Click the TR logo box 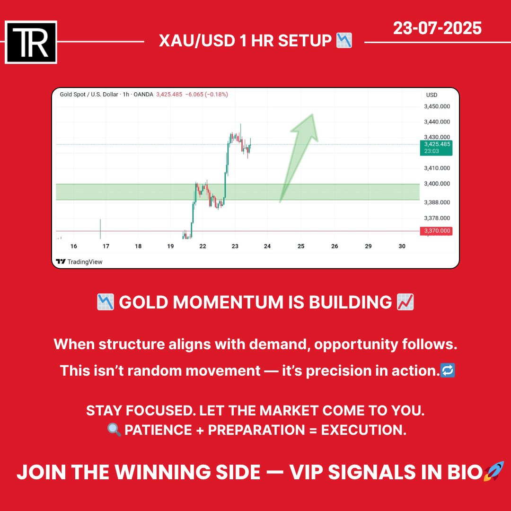pos(31,42)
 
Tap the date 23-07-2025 pos(437,29)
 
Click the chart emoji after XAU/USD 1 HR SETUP pos(344,41)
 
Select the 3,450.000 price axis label pos(437,106)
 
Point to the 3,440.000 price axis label pos(437,122)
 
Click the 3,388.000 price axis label pos(437,202)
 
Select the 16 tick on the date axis pos(73,247)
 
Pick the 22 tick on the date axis pos(203,247)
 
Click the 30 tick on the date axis pos(402,247)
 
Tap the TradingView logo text pos(84,262)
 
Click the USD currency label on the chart pos(432,95)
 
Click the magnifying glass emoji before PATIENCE pos(115,430)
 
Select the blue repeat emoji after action pos(448,371)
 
